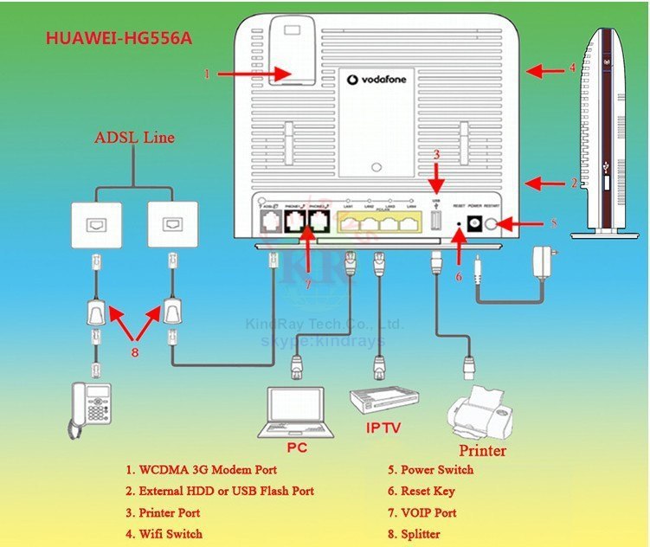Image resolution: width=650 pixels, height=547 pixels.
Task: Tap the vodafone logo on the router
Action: point(378,80)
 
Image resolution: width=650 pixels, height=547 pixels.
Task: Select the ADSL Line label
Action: point(134,137)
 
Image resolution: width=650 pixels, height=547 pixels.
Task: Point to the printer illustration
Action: point(476,416)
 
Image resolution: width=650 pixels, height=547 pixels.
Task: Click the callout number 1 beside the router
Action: point(207,74)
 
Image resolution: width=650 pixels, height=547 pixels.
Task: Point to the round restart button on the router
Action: point(494,224)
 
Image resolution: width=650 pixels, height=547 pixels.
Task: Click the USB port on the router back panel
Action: point(436,223)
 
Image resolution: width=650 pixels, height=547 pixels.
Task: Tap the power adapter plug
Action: point(545,259)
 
